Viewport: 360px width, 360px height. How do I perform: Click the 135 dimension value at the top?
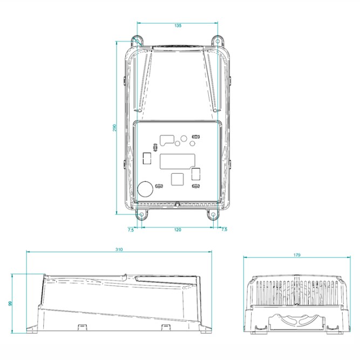point(178,25)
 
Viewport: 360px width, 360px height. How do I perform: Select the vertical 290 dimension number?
point(115,127)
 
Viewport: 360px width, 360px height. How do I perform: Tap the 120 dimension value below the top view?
point(178,230)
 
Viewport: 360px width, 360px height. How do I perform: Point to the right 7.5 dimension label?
point(224,230)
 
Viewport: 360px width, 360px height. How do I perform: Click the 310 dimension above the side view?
point(119,250)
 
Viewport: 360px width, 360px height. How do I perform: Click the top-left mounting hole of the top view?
point(137,40)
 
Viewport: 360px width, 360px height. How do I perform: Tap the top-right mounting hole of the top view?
point(217,40)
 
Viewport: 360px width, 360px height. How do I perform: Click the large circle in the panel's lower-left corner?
point(146,188)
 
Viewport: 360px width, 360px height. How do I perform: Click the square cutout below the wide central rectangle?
point(177,179)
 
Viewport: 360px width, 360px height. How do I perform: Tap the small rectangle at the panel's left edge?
point(146,158)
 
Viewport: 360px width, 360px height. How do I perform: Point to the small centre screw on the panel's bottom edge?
point(178,205)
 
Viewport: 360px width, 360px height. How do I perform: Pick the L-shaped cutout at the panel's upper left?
point(167,139)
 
